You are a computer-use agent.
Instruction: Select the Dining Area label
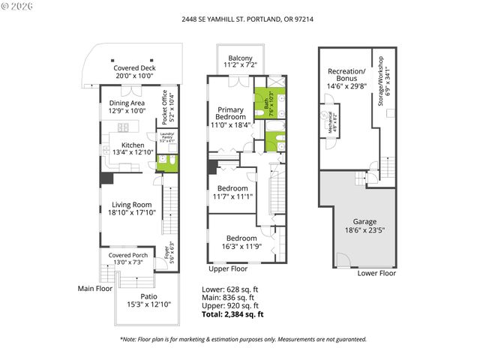pos(127,107)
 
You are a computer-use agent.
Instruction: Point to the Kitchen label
pos(133,149)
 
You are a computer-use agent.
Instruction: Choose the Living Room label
pos(132,208)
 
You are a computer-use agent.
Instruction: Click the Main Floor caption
pos(95,288)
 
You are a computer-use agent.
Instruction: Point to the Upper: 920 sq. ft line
pos(230,306)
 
